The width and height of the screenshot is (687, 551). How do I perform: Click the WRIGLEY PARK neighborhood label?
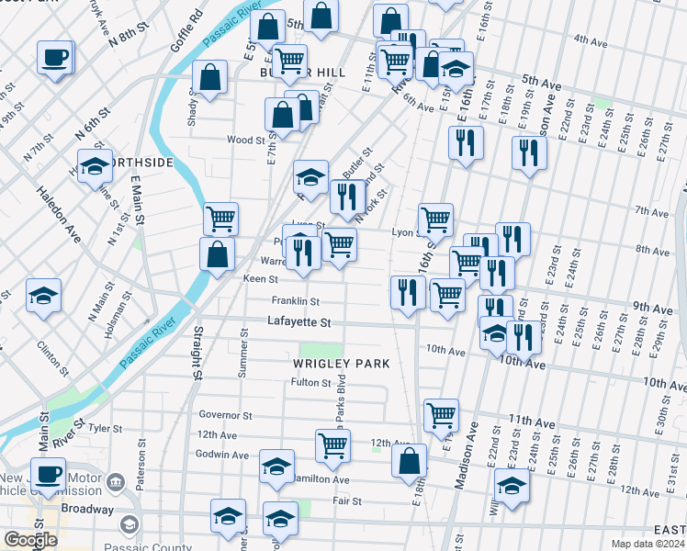[x=342, y=364]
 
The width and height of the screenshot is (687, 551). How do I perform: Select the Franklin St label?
[x=295, y=301]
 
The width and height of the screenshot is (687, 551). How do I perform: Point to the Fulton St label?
[x=310, y=382]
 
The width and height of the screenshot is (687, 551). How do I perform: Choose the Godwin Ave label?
[x=221, y=455]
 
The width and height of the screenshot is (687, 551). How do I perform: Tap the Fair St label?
[x=346, y=501]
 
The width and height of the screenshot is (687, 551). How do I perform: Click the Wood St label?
[x=246, y=141]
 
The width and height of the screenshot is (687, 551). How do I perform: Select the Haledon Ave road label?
[x=59, y=217]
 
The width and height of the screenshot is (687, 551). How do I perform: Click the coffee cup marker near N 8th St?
[x=54, y=58]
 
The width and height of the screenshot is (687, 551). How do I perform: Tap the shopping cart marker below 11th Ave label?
[x=441, y=415]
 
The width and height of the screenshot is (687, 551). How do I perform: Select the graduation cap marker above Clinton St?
[x=44, y=296]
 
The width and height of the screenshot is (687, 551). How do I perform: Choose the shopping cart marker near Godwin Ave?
[x=332, y=446]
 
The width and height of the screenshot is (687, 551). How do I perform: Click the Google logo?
[x=30, y=540]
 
